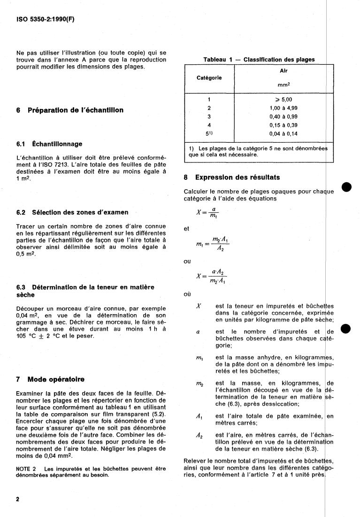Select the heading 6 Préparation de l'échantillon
point(70,110)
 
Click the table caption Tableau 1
point(259,60)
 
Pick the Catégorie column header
point(208,78)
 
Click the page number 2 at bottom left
point(18,499)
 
